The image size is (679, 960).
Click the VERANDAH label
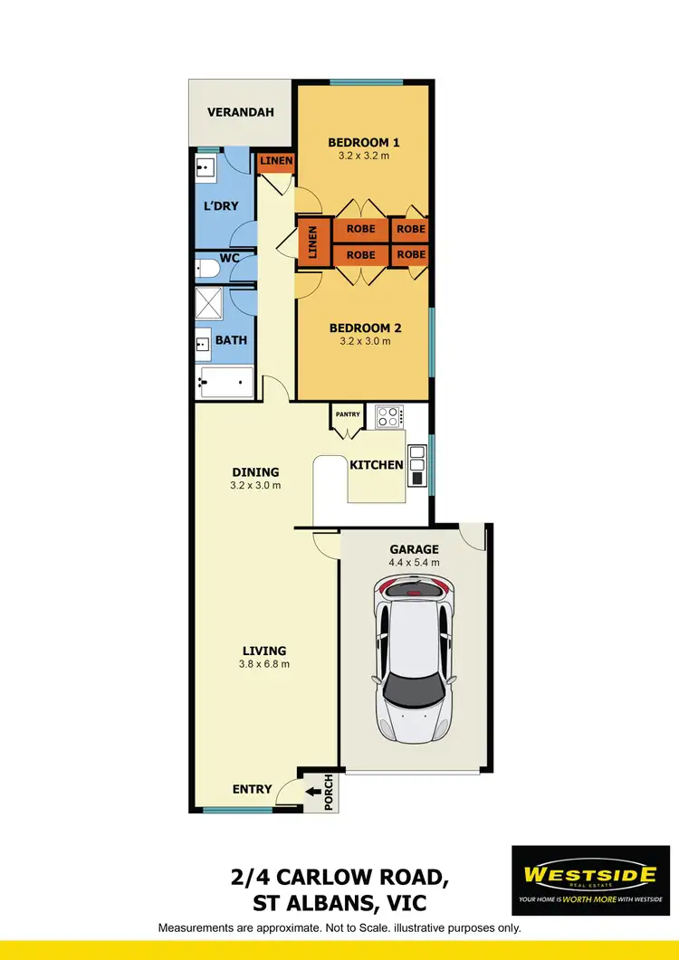pos(240,113)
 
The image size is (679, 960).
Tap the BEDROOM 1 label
pos(364,142)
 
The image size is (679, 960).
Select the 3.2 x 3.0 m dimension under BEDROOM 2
pos(365,341)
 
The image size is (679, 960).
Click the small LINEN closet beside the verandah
pos(276,162)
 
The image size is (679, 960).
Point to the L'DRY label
pos(221,205)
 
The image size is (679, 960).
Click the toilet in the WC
pos(207,268)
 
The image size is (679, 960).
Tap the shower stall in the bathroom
pos(210,304)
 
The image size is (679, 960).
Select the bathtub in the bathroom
pos(225,383)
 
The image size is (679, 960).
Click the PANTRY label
pos(348,414)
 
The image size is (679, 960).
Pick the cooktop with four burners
pos(389,416)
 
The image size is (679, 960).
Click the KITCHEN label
pos(377,465)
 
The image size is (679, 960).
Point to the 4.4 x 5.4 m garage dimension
pos(415,562)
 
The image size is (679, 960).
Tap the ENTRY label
pos(252,789)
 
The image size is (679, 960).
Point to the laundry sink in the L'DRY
pos(206,166)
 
